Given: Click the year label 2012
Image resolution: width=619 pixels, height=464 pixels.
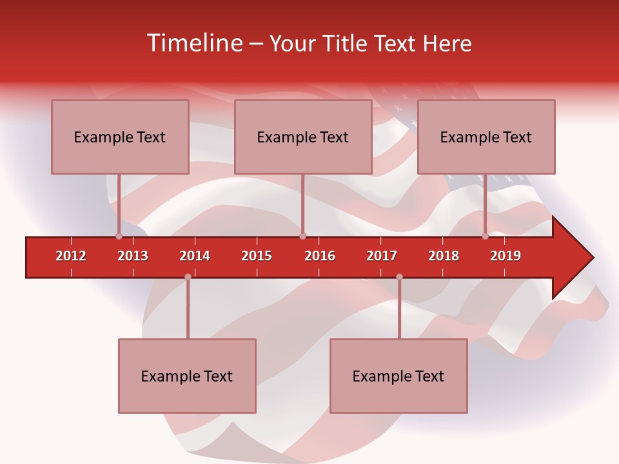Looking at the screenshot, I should (71, 256).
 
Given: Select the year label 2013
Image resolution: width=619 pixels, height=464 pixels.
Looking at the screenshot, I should (133, 256).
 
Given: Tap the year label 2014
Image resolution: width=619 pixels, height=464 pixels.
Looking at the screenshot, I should (195, 256).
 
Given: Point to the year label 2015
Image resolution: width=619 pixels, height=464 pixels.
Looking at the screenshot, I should (257, 256).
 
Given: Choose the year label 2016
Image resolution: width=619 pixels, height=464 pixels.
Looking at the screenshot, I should (320, 256).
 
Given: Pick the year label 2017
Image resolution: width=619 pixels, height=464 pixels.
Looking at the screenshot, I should (382, 256).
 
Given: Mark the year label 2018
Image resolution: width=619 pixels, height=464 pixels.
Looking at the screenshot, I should (444, 256).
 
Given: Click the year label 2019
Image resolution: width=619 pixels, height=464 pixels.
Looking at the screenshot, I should (506, 256).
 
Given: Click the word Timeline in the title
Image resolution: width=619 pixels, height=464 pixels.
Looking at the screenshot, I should (193, 43).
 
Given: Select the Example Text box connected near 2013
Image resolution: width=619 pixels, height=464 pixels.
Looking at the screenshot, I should (120, 137).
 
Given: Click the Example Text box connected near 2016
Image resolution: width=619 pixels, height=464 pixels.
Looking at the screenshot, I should (303, 137).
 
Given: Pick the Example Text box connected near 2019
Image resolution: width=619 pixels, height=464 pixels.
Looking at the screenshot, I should (486, 137).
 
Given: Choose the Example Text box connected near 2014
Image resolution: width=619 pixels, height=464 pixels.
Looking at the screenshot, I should (187, 376).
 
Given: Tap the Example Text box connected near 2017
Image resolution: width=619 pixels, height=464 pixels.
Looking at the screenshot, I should (398, 376).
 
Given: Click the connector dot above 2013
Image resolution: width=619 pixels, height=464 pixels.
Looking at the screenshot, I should (119, 237).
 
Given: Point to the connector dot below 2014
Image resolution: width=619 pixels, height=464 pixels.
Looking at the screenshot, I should (188, 276).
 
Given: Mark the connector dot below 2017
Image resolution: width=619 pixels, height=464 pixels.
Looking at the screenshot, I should (399, 276).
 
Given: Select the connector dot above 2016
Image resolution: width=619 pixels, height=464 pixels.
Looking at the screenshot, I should (302, 237).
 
